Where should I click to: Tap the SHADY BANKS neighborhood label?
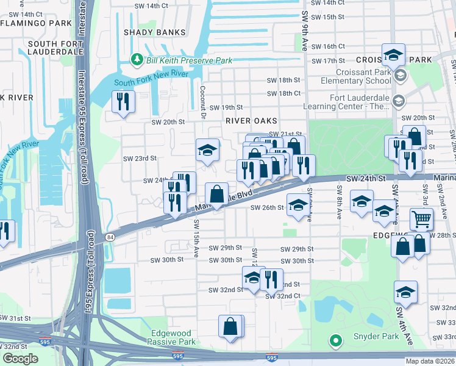tap(150, 32)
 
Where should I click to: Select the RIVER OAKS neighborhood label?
tap(251, 121)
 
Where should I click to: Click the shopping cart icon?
tap(421, 218)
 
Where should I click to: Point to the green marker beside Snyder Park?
tap(335, 340)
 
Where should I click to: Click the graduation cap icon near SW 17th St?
tap(394, 54)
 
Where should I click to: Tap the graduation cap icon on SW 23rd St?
tap(207, 149)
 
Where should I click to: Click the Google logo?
tap(21, 359)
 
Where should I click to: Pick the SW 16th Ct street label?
tap(327, 46)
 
